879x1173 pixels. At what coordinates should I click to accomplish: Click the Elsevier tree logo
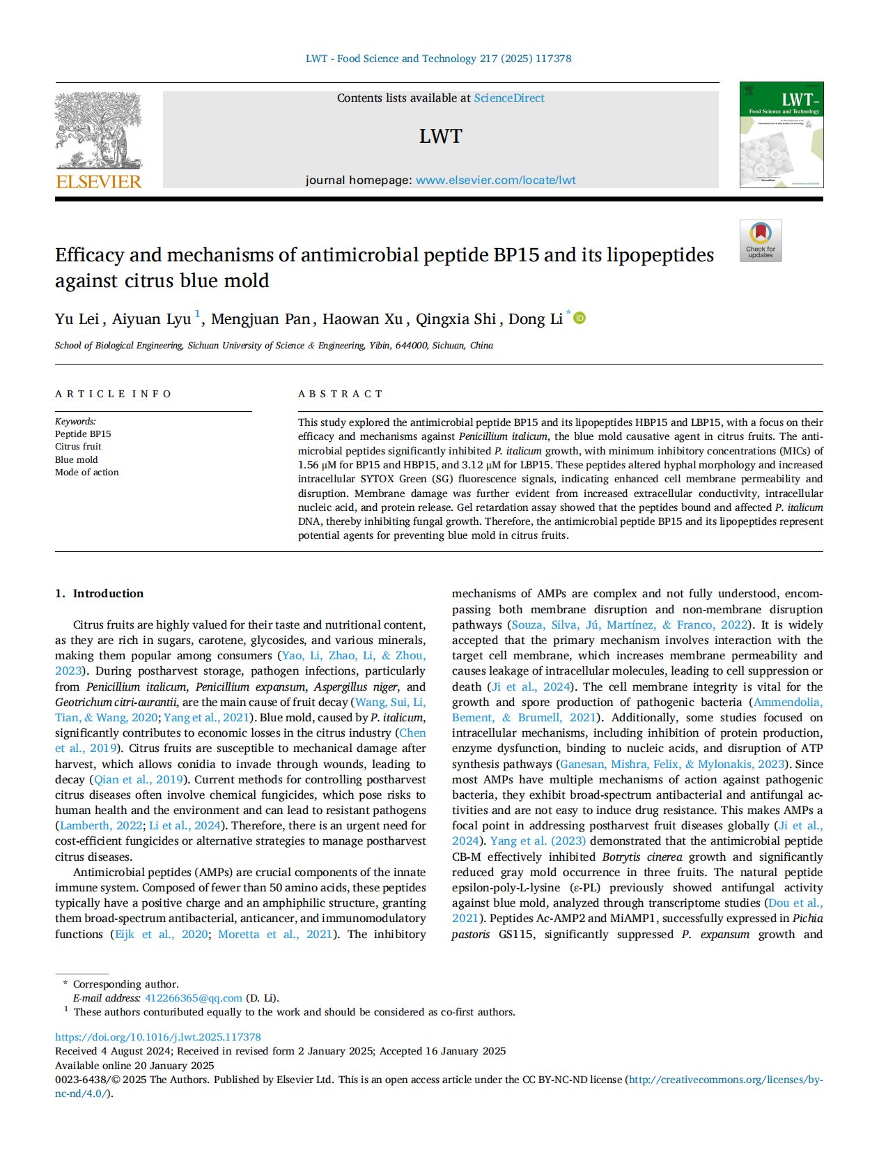(98, 130)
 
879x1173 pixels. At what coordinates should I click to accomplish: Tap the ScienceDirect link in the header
(508, 98)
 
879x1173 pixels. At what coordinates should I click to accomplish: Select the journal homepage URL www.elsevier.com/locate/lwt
(495, 180)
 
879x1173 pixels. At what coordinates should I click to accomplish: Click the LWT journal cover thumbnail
(781, 135)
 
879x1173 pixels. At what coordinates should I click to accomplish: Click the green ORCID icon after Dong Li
(579, 319)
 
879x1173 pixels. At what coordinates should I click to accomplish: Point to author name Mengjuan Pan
(260, 319)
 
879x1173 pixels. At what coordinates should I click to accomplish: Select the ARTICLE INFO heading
(113, 394)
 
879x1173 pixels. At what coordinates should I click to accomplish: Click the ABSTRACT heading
(341, 394)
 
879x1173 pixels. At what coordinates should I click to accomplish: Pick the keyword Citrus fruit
(78, 446)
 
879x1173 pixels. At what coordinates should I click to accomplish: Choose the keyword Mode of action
(86, 472)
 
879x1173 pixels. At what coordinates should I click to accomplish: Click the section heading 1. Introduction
(100, 593)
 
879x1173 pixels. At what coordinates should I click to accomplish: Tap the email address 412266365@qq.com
(193, 998)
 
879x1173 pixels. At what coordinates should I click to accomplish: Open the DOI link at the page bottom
(157, 1036)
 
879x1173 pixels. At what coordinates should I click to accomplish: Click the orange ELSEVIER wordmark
(98, 182)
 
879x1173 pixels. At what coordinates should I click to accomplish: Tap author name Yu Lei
(77, 319)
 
